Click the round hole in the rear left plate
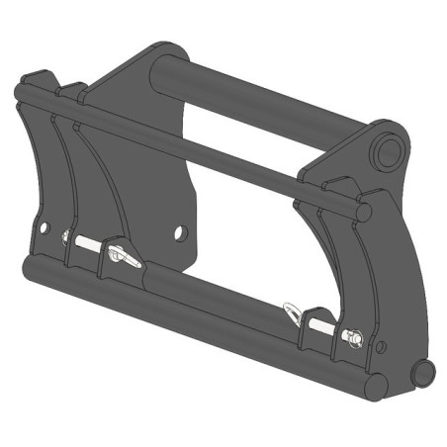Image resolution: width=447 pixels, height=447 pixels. [x=180, y=232]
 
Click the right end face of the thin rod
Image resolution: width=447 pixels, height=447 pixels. [x=365, y=212]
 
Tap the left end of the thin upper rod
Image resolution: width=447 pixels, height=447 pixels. [x=20, y=94]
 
